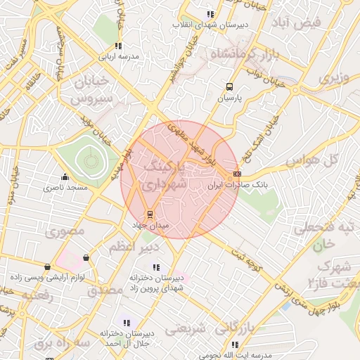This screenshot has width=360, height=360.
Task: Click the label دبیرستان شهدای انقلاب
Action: tap(211, 25)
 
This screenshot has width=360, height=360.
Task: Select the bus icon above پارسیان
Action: tap(229, 87)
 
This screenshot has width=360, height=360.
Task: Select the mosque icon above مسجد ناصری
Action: tap(65, 177)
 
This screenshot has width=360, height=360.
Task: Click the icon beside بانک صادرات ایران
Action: tap(237, 174)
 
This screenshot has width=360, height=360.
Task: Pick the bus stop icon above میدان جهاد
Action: tap(149, 214)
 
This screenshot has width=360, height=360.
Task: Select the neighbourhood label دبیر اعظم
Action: tap(133, 247)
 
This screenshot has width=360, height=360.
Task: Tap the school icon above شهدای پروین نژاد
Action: tap(155, 266)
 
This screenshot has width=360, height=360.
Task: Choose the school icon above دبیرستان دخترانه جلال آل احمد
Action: tap(127, 323)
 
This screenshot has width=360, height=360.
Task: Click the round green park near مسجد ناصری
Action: tap(90, 160)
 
